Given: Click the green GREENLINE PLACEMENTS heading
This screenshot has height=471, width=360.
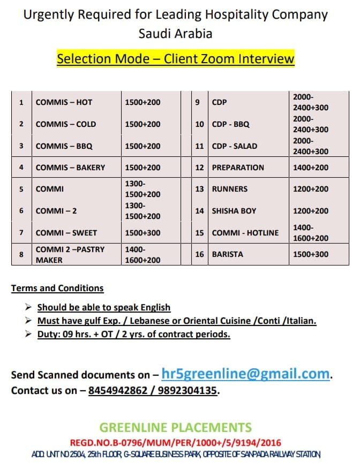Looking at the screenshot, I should (x=175, y=427).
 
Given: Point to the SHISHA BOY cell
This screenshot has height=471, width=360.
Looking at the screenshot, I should (x=234, y=211).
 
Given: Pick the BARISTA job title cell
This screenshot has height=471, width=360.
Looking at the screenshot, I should (x=228, y=254).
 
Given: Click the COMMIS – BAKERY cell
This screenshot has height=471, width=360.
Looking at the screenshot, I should (x=70, y=168).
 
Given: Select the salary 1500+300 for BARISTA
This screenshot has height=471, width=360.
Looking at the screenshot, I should (x=311, y=254).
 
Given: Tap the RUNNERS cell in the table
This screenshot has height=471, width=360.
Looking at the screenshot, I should (x=230, y=189).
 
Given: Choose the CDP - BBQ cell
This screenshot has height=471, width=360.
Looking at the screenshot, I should (x=231, y=124).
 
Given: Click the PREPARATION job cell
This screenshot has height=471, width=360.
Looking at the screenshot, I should (x=238, y=168).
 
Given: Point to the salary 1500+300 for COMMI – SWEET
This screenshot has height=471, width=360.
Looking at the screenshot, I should (x=142, y=233).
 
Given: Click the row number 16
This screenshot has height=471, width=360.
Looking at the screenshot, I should (x=199, y=254).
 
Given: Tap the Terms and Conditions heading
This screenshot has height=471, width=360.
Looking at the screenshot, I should (x=57, y=288).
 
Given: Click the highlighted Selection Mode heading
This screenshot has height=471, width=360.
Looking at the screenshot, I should (x=176, y=58).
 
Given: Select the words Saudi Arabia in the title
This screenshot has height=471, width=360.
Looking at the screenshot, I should (x=175, y=33).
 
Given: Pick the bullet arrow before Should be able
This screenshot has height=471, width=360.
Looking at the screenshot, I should (x=28, y=307).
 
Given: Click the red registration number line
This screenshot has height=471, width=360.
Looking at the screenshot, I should (x=175, y=443).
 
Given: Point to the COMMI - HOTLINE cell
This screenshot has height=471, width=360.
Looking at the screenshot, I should (x=245, y=233).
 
